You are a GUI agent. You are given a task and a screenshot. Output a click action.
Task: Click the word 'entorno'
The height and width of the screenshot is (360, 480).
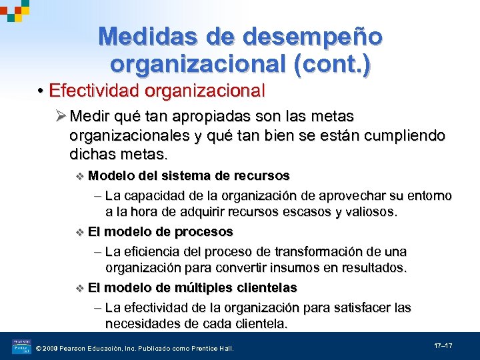[428, 195]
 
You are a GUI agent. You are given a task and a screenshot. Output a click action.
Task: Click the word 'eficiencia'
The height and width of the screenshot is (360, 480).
[157, 252]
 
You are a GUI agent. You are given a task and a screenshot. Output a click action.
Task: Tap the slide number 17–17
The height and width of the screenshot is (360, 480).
[443, 346]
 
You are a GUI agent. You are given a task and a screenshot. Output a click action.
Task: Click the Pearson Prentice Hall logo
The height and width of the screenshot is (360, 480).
[21, 347]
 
